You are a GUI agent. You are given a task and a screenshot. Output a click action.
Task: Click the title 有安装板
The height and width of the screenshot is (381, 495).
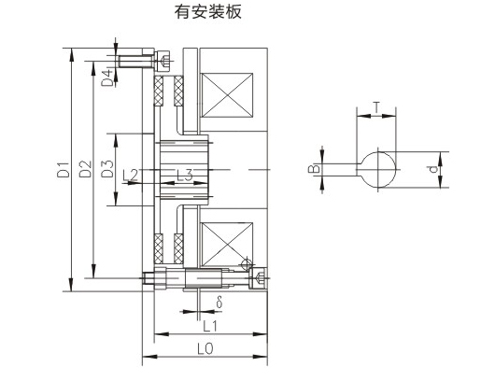coord(208,12)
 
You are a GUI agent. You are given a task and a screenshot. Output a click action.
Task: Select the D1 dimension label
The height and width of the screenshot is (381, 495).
coord(63,170)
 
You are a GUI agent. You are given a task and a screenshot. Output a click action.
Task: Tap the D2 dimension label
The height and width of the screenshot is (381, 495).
coord(85,169)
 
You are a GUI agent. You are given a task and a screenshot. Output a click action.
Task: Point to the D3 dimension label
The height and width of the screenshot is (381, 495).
coord(107,169)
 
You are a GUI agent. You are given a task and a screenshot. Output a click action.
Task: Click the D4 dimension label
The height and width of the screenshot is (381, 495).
coord(107,78)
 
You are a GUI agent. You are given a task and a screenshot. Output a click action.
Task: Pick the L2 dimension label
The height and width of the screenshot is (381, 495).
coord(130,175)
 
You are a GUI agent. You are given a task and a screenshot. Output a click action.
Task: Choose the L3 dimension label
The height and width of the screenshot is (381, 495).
coord(184,175)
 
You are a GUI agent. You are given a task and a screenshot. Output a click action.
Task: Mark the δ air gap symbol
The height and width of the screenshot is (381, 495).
coord(219,302)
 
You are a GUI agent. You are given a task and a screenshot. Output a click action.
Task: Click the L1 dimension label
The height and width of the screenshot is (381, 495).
coord(210,326)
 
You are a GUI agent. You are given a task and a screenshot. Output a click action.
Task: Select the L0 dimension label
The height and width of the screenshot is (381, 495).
coord(205,349)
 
